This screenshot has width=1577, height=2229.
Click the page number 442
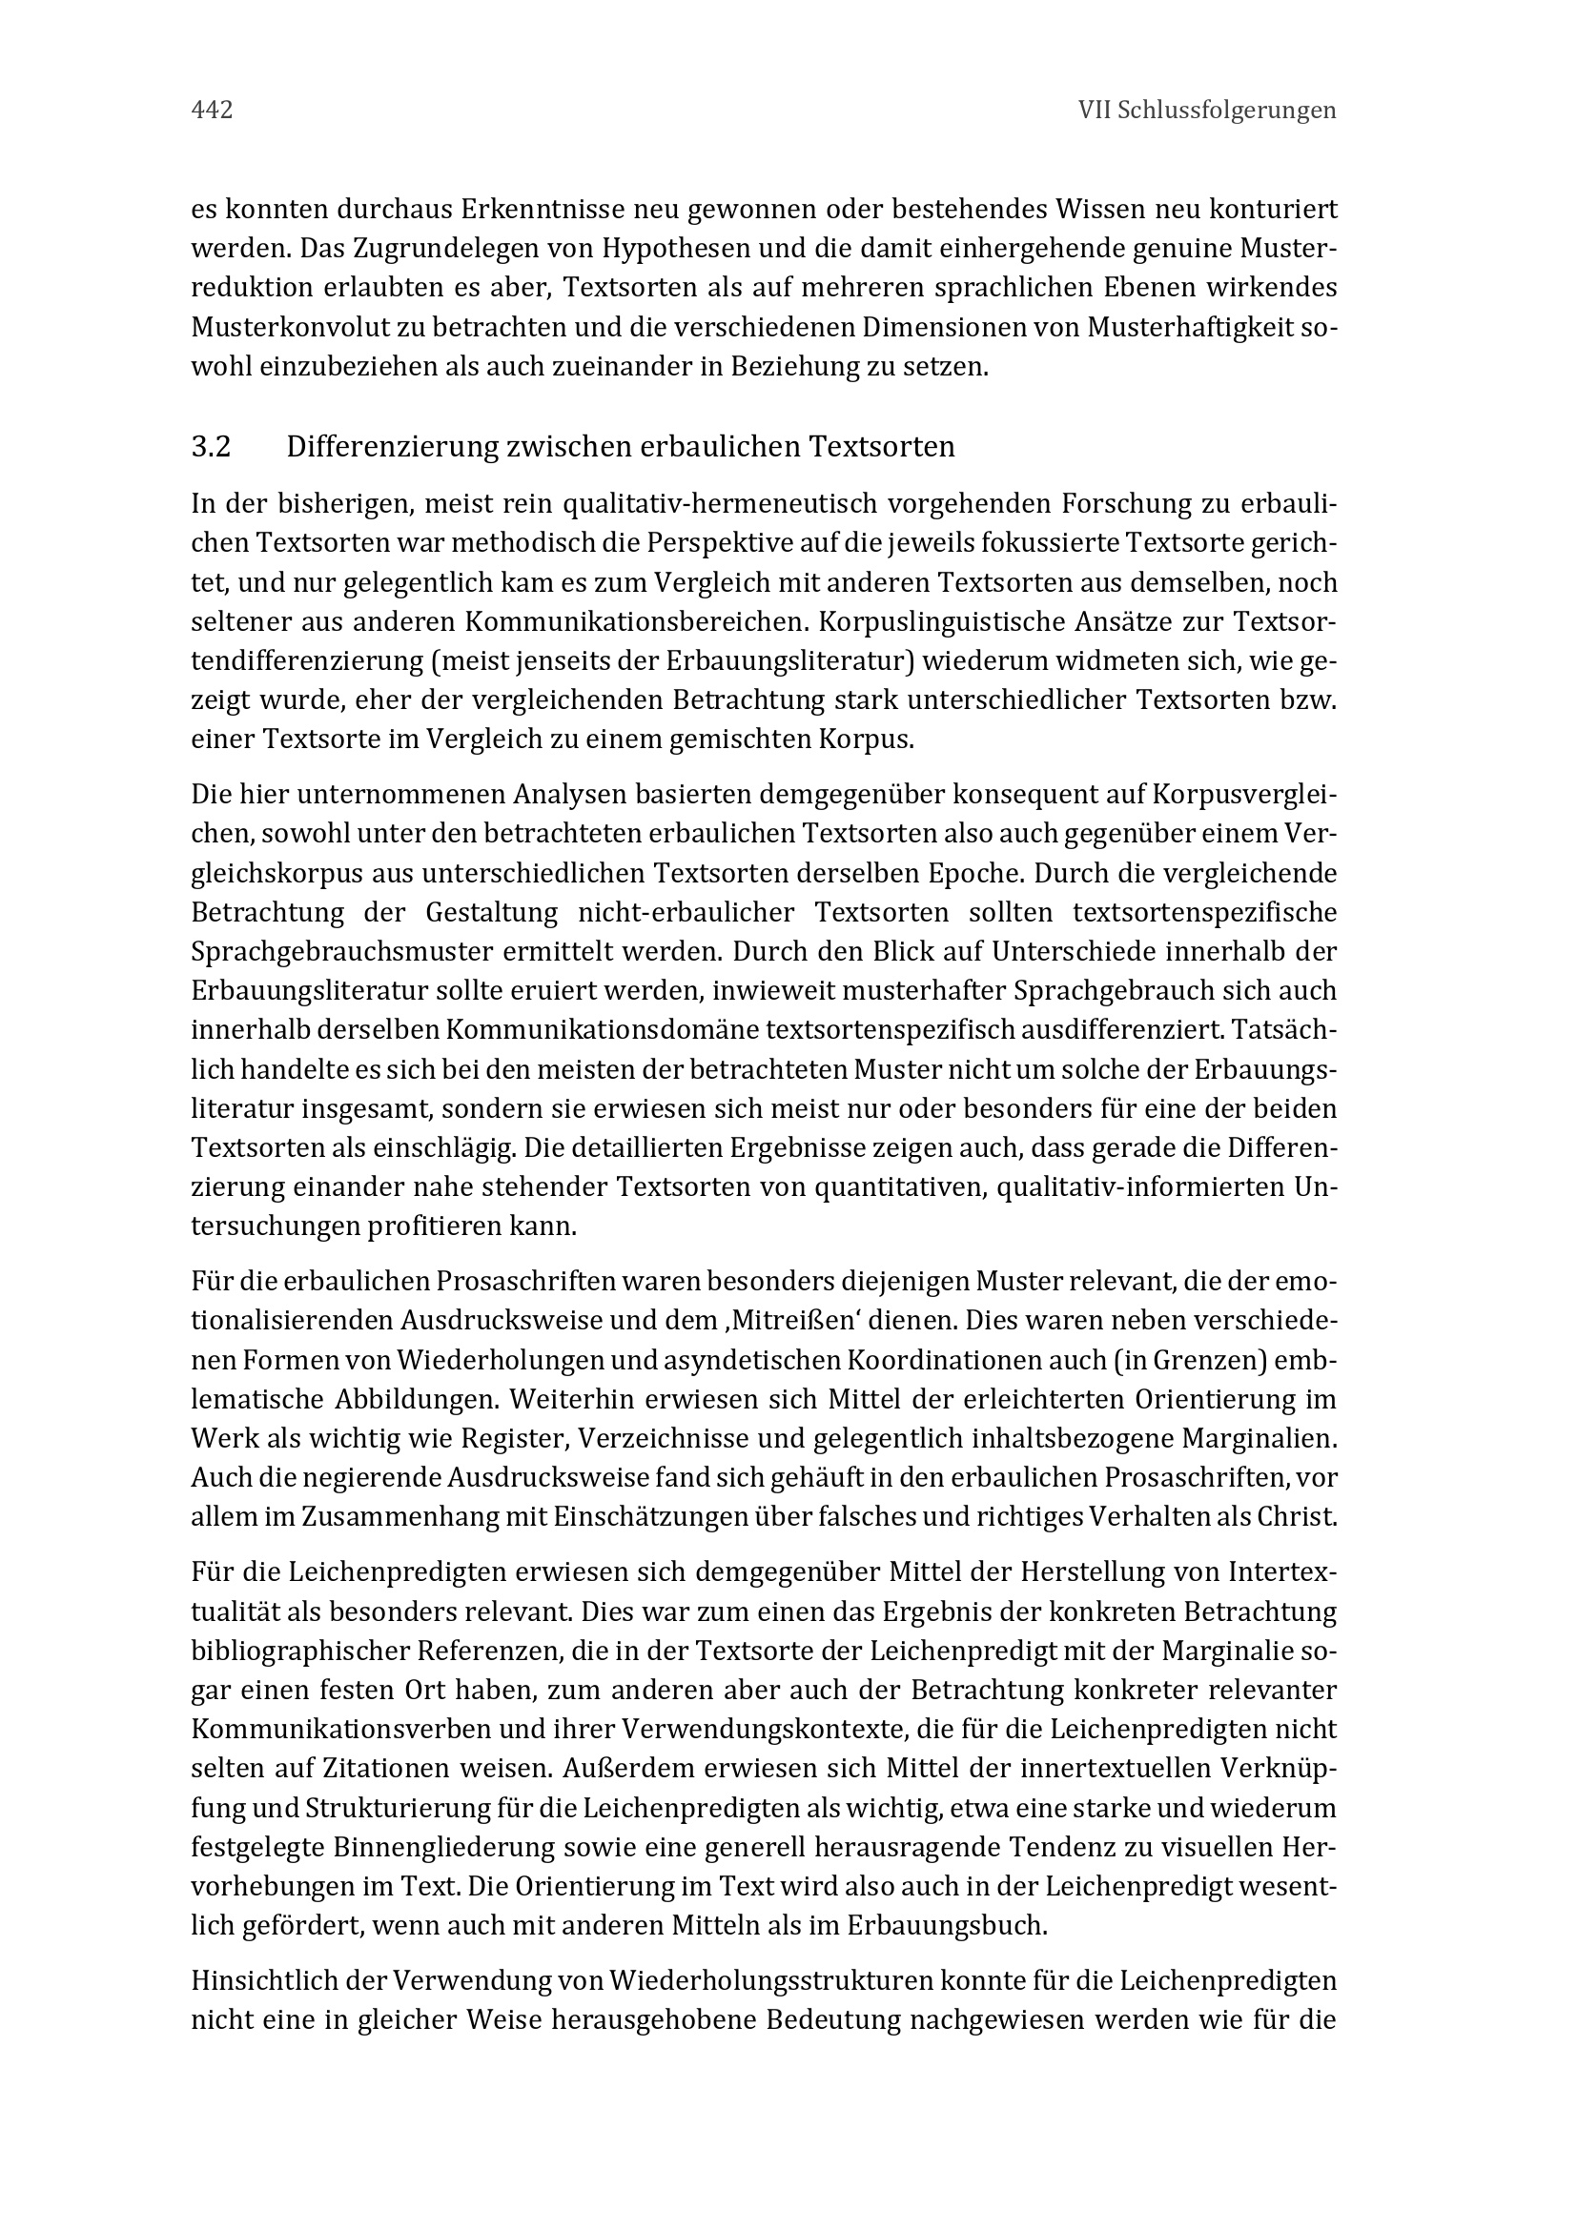coord(212,111)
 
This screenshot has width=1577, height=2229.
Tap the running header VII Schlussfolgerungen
coord(1206,111)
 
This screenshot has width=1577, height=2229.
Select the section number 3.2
coord(211,448)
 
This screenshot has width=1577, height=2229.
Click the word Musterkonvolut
coord(296,328)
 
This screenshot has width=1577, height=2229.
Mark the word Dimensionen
coord(947,328)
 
